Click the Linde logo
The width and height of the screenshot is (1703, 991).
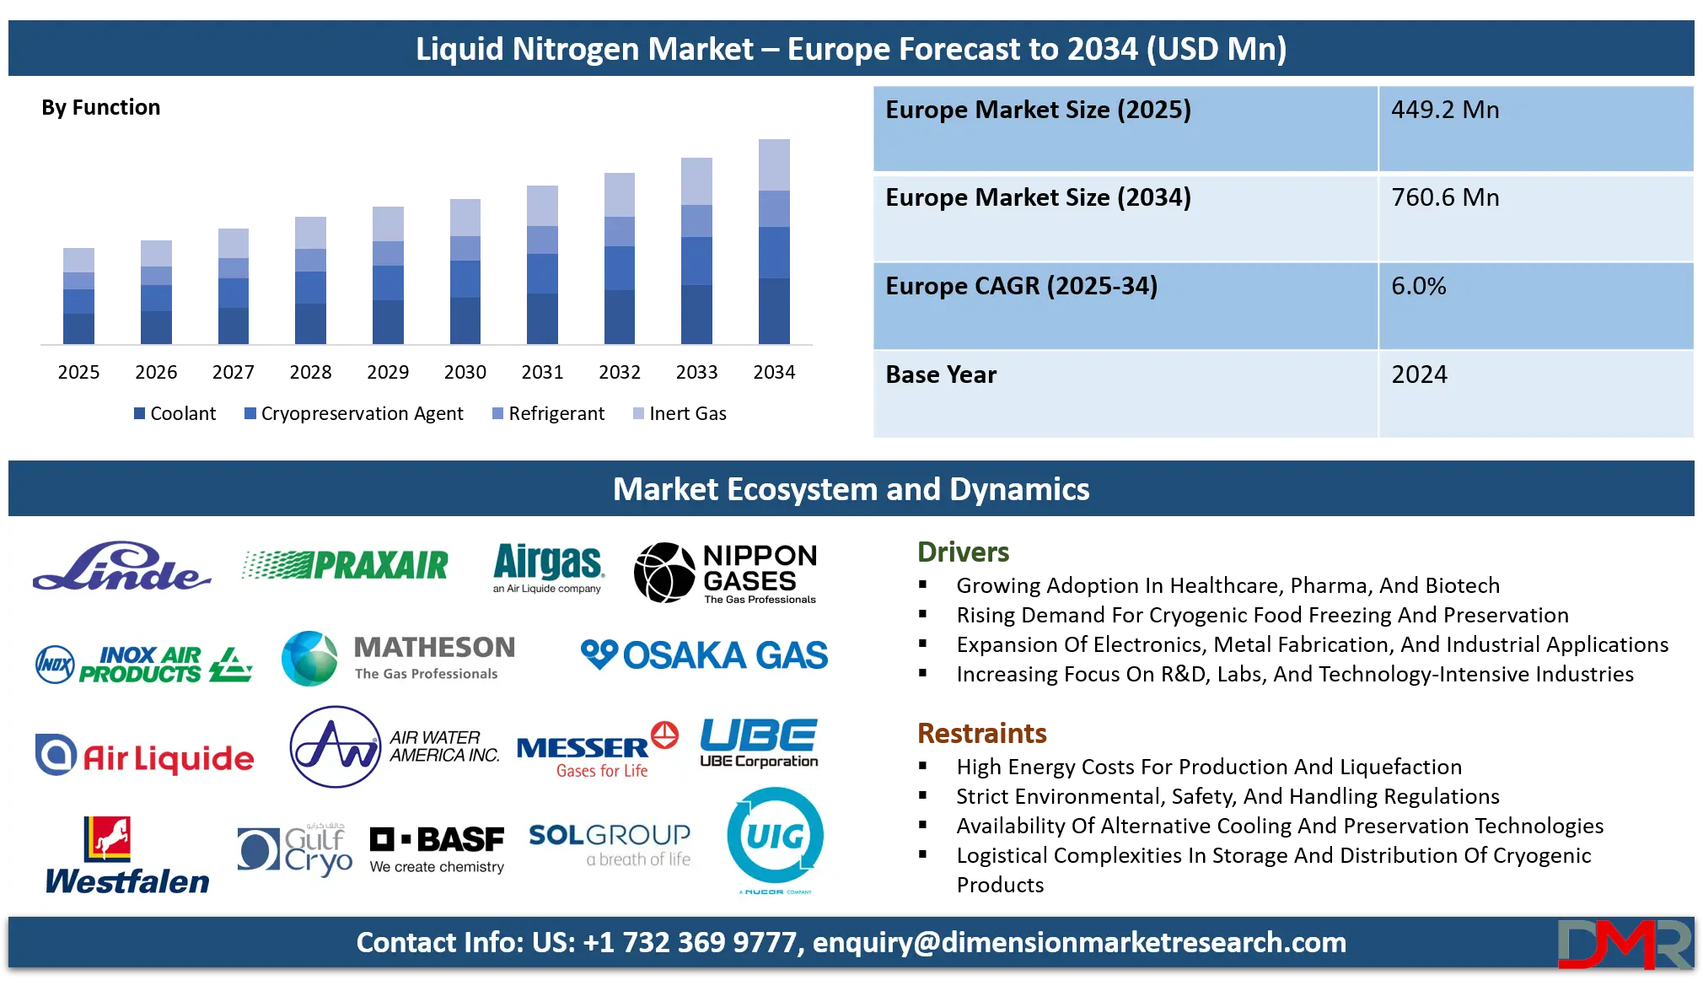(122, 567)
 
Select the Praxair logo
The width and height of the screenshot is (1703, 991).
(346, 565)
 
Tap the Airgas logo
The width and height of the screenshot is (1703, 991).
(548, 568)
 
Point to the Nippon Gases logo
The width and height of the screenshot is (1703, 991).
(726, 574)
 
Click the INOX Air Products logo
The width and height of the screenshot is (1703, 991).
(144, 664)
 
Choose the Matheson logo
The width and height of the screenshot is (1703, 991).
(399, 659)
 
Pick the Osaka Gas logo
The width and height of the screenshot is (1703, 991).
(704, 655)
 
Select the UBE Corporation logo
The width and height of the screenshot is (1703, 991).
(759, 743)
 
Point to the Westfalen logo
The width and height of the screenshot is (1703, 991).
(127, 855)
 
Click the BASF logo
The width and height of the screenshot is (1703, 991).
(437, 849)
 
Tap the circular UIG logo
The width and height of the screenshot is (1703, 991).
(775, 838)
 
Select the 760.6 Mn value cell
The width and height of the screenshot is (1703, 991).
(1535, 217)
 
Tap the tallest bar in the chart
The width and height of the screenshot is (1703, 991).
(775, 240)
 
